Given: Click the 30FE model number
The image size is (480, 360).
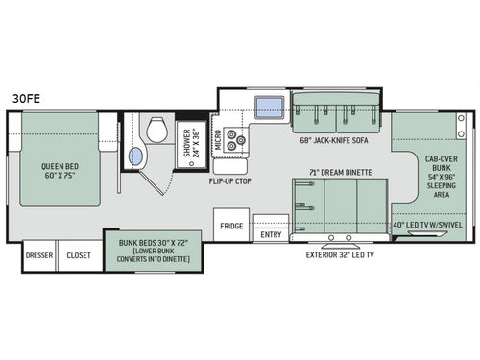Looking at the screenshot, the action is [26, 99].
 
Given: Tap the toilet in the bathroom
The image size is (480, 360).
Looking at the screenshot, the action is [157, 130].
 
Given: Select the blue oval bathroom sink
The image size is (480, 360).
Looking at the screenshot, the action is [135, 156].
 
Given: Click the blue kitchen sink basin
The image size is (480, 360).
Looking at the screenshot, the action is [269, 108].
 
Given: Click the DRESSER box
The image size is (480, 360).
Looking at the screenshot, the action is [39, 255].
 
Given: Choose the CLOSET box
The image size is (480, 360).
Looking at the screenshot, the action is [79, 255].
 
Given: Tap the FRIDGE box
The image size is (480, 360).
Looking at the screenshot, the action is [231, 226].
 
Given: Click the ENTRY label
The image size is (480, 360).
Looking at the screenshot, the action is [271, 234].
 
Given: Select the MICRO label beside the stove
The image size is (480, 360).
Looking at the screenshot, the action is [218, 140].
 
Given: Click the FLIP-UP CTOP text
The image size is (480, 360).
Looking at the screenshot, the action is [230, 181].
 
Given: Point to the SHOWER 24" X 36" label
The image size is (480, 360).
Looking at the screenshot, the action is [191, 143].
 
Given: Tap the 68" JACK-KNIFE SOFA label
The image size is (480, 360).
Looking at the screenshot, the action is [334, 140].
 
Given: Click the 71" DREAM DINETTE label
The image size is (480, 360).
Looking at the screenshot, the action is [341, 173].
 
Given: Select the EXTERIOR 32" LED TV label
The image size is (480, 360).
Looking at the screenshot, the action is [340, 255].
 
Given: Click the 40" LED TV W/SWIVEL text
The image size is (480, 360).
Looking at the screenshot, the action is [428, 225].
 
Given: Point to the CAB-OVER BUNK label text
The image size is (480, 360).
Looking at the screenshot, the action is [442, 163].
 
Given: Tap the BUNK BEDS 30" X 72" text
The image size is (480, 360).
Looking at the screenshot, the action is [154, 243].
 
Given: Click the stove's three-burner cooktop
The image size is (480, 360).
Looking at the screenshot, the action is [234, 139].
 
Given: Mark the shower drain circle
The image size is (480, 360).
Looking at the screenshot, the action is [192, 163].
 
